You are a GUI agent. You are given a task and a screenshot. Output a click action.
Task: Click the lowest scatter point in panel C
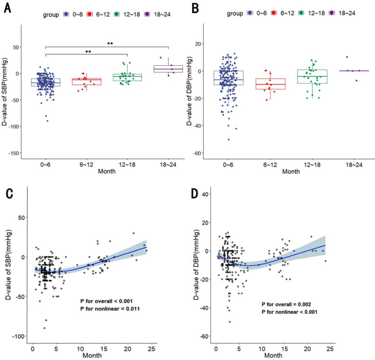coord(45,328)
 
